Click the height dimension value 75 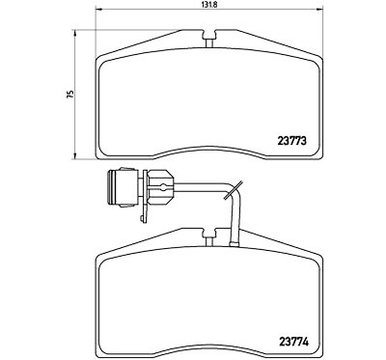coord(70,94)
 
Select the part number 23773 coord(291,141)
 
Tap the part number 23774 coord(294,342)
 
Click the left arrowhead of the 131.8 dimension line coord(98,10)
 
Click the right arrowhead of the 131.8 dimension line coord(319,10)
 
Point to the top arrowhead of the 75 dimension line coord(75,33)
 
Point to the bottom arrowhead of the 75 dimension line coord(75,156)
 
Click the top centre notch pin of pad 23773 coord(209,42)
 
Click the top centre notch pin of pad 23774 coord(209,241)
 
